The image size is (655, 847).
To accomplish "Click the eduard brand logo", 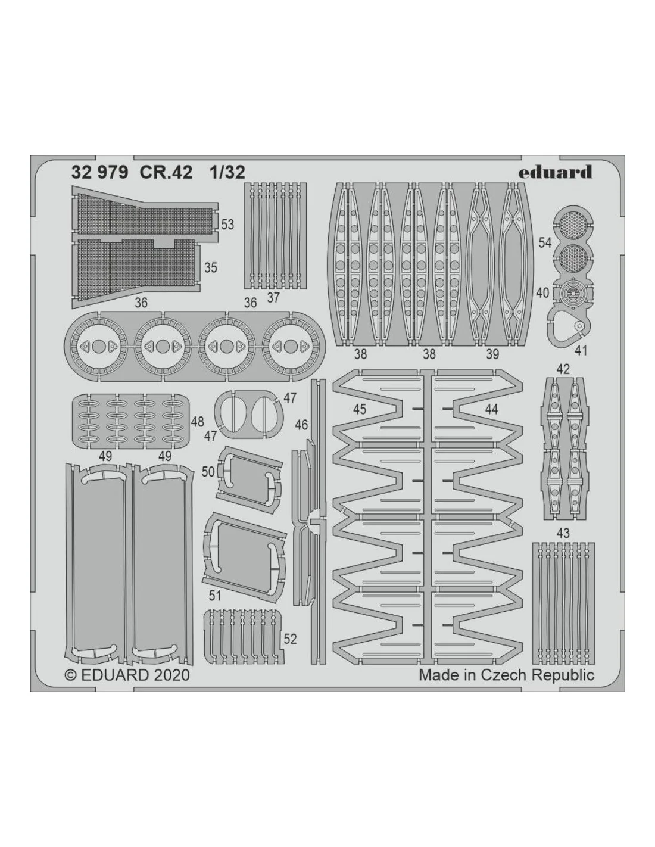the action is click(555, 172).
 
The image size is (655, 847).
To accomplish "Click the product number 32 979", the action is click(99, 172).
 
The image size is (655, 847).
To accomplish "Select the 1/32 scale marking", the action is click(227, 172).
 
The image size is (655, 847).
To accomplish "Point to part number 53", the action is click(227, 225).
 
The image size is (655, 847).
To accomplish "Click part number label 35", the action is click(211, 267).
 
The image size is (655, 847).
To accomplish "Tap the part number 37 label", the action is click(273, 298).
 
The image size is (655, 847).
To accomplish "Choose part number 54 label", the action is click(545, 242).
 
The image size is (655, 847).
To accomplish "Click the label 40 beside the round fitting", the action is click(543, 292).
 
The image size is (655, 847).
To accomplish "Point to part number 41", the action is click(581, 351).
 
